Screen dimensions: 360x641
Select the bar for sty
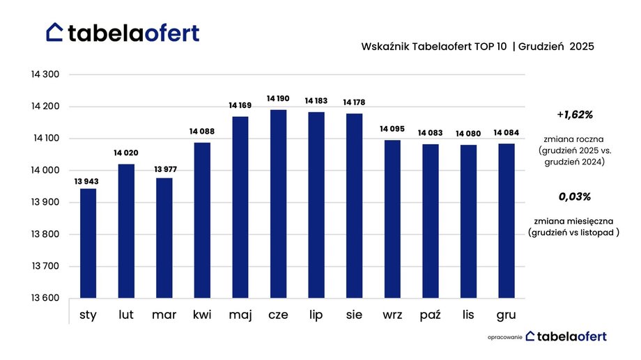(88, 244)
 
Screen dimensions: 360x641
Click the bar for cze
(278, 204)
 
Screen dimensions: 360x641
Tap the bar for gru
(506, 221)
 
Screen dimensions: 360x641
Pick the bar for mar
(164, 238)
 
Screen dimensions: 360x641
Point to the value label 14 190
(278, 99)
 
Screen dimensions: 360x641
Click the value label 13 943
(88, 182)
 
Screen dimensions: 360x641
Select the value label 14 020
(126, 152)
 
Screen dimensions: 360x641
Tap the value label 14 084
(506, 132)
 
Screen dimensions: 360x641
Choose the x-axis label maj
(240, 315)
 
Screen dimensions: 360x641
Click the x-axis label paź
(430, 315)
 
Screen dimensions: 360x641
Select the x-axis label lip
(316, 315)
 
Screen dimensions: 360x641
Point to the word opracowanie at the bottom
(504, 337)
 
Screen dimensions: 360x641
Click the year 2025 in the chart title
(582, 47)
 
